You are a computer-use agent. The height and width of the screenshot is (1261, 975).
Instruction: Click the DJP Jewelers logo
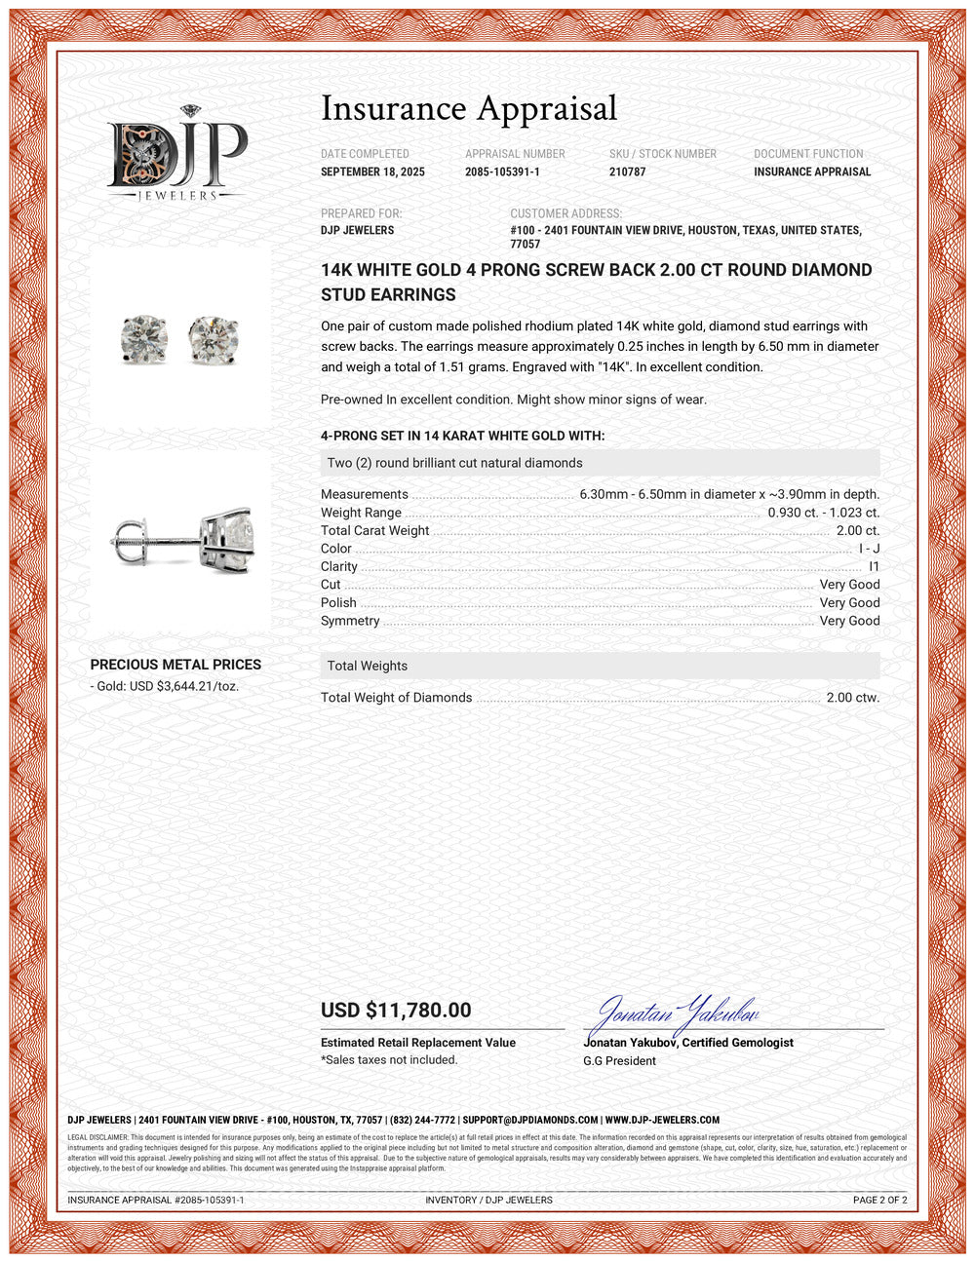click(176, 155)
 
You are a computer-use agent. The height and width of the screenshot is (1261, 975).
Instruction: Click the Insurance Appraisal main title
click(469, 108)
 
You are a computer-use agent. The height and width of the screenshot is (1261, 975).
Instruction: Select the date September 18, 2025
click(372, 172)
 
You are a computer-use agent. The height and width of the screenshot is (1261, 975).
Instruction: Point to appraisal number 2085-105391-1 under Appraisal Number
click(502, 172)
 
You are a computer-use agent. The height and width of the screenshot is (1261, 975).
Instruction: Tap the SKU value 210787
click(627, 172)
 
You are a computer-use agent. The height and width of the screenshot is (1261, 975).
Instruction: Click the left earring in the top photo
click(143, 338)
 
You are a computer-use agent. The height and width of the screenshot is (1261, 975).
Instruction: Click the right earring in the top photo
click(214, 338)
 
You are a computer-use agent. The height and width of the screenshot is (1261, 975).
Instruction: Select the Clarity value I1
click(874, 567)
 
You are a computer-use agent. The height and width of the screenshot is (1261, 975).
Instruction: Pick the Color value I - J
click(869, 549)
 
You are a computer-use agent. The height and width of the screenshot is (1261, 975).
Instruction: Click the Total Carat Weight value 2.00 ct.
click(858, 531)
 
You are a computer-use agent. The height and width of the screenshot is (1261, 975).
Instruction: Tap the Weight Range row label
click(361, 513)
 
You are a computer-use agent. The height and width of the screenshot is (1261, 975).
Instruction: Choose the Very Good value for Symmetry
click(849, 621)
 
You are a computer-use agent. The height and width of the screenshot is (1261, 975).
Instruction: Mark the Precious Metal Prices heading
click(175, 665)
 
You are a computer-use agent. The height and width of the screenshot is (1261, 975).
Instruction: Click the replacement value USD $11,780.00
click(396, 1011)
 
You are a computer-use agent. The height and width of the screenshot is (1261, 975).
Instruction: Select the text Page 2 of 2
click(879, 1200)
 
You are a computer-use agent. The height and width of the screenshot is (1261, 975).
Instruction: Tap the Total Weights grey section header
click(600, 666)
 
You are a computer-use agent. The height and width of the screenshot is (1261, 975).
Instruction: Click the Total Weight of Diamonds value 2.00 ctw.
click(852, 698)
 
